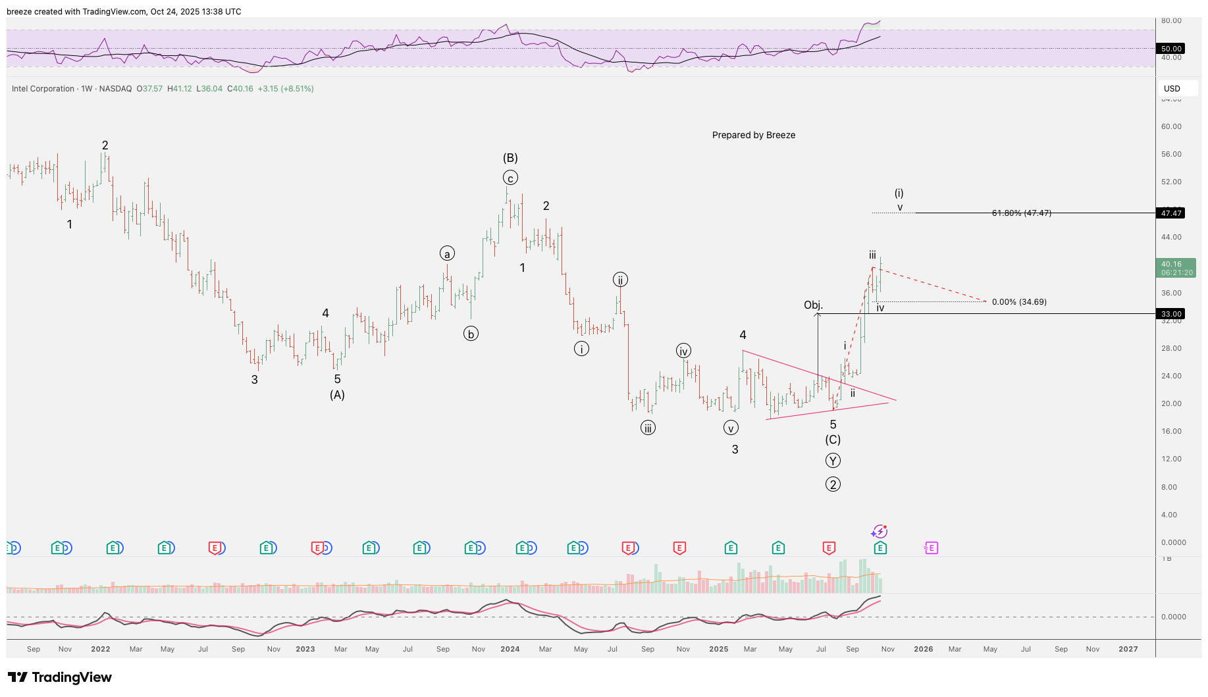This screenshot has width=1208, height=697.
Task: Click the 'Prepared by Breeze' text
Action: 753,135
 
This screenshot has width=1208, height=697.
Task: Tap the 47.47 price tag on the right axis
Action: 1171,213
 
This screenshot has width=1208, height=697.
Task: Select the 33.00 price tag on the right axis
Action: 1171,314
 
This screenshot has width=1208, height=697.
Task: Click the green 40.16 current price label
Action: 1176,268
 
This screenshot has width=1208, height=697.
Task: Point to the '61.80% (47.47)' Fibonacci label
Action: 1021,213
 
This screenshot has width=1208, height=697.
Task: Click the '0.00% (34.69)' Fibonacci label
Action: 1019,302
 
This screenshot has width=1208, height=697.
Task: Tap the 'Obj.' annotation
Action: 813,305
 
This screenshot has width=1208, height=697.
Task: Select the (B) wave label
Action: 510,158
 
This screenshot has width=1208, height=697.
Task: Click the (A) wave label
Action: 337,395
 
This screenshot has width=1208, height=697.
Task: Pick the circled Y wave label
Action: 833,461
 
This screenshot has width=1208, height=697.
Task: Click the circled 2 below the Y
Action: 833,485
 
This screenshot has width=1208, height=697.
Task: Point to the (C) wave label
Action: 833,440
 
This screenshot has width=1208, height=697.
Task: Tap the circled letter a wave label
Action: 447,254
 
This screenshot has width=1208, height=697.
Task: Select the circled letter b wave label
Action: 471,334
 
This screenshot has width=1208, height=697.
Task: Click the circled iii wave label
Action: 648,428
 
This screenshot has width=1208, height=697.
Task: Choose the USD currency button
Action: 1172,89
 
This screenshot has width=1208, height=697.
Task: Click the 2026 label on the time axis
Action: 923,649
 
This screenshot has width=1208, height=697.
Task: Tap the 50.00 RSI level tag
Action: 1171,49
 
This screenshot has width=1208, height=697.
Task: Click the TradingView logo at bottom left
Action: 60,677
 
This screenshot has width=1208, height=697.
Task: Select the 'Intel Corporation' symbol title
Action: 43,89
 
